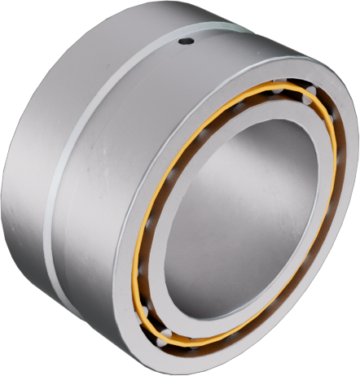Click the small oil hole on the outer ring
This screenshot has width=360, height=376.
click(187, 41)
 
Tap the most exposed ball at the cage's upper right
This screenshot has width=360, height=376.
click(309, 99)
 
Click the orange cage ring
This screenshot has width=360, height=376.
click(143, 244)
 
